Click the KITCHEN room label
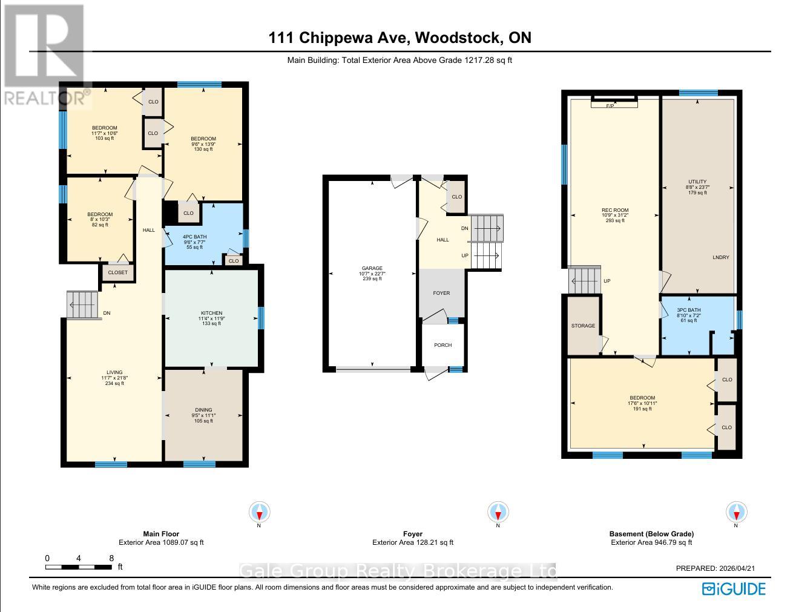pyautogui.click(x=211, y=313)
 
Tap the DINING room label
pyautogui.click(x=203, y=410)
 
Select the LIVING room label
pyautogui.click(x=114, y=372)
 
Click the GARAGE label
pyautogui.click(x=372, y=268)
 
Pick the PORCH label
pyautogui.click(x=442, y=345)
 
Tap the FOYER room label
pyautogui.click(x=441, y=293)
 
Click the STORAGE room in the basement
pyautogui.click(x=583, y=326)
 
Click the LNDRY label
pyautogui.click(x=720, y=257)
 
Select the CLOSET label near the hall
pyautogui.click(x=118, y=272)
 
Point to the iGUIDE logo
pyautogui.click(x=733, y=588)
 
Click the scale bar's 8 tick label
pyautogui.click(x=111, y=558)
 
